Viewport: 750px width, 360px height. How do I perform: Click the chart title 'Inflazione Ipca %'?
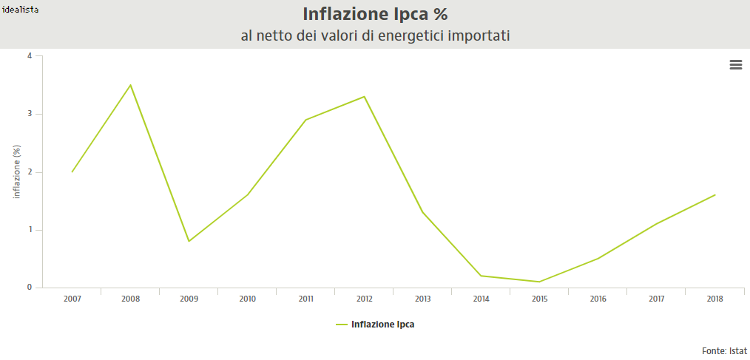(375, 14)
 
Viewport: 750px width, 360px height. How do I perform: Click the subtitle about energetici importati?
(375, 35)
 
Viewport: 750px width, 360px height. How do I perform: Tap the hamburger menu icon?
(735, 65)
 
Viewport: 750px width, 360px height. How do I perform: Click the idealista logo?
(21, 10)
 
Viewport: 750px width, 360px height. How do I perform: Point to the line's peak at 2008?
(130, 85)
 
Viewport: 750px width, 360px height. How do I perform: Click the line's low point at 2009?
(189, 241)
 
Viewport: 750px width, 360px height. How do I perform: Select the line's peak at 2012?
(364, 97)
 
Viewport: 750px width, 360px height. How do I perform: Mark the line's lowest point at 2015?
(539, 282)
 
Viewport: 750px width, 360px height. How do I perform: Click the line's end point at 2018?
(714, 195)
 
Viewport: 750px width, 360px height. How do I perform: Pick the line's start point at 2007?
(72, 172)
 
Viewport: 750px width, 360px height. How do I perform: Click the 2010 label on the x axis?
(247, 299)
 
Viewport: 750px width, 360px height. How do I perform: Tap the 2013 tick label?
(422, 299)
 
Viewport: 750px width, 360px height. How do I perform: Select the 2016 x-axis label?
(598, 299)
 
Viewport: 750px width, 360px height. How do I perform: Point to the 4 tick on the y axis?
(30, 55)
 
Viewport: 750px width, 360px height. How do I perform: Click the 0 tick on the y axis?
(30, 288)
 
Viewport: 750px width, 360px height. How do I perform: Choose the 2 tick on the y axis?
(30, 172)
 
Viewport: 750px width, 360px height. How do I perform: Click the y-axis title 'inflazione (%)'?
(17, 172)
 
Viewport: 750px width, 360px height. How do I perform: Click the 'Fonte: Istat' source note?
(724, 350)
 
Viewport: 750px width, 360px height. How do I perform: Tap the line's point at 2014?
(481, 276)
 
